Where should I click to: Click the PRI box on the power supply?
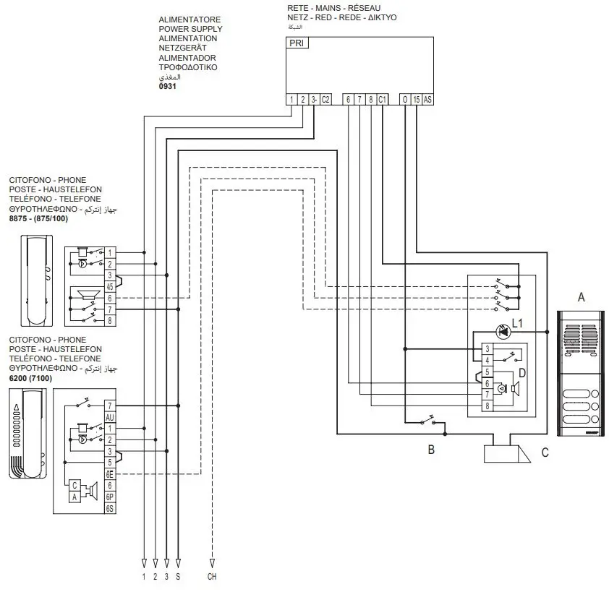pos(297,43)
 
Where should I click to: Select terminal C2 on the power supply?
pos(325,100)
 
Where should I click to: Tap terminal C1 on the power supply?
pos(382,100)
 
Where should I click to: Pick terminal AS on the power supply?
pos(427,100)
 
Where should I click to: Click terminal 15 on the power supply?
pos(416,100)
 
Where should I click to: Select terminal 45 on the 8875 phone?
pos(110,286)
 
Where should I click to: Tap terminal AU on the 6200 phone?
pos(110,417)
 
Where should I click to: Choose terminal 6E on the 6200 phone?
pos(110,474)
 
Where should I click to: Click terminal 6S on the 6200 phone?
pos(110,508)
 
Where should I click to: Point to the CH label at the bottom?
pos(212,577)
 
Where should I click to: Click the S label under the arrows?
pos(178,577)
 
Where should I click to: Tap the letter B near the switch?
pos(431,450)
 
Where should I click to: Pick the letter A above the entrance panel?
pos(581,297)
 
